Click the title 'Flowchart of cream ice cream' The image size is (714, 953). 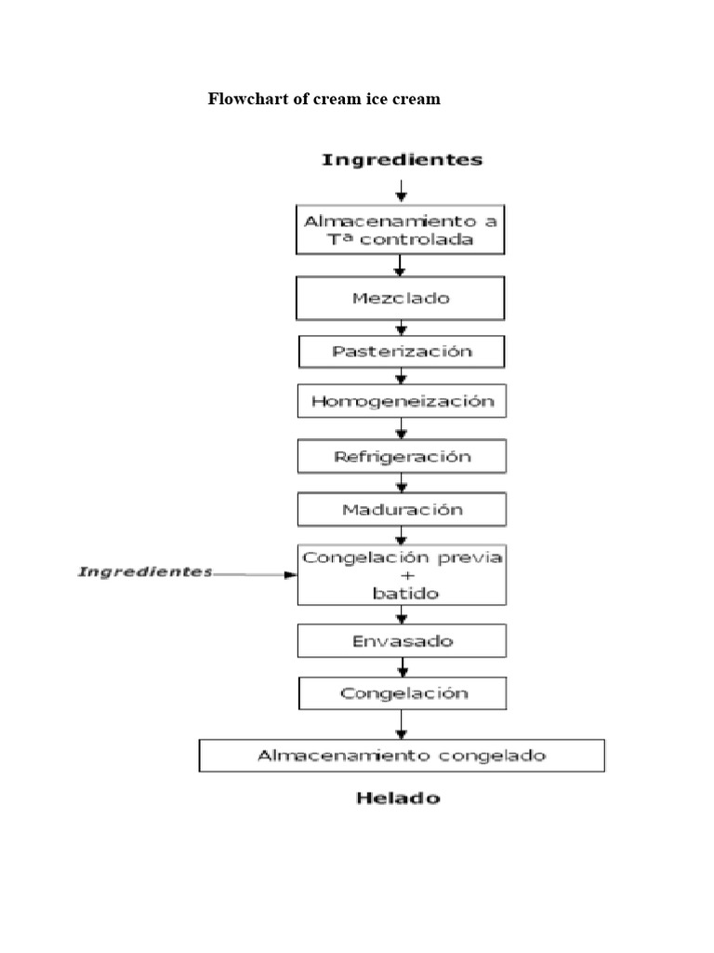click(x=324, y=99)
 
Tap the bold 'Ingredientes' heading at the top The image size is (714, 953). click(x=402, y=159)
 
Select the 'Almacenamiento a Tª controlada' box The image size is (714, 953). click(x=401, y=230)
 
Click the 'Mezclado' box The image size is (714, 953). click(x=401, y=299)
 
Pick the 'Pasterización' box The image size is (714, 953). click(x=401, y=352)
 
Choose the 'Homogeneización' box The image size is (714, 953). click(x=401, y=403)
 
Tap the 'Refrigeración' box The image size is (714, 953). click(x=401, y=457)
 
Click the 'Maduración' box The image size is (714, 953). click(x=401, y=510)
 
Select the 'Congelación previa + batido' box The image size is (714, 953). click(x=401, y=575)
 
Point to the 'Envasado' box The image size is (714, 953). click(x=401, y=641)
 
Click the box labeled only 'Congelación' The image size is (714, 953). click(x=401, y=693)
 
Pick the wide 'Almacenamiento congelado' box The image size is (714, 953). click(x=402, y=755)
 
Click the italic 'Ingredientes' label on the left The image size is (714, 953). click(x=144, y=571)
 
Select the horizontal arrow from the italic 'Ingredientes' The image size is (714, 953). click(x=256, y=575)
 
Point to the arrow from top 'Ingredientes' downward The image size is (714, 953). click(x=401, y=190)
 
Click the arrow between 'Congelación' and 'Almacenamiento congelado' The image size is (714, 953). click(x=401, y=724)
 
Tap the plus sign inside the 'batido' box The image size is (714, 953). click(x=402, y=575)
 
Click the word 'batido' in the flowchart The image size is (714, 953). click(x=402, y=593)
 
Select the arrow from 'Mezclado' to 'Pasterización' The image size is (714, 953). click(x=401, y=328)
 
